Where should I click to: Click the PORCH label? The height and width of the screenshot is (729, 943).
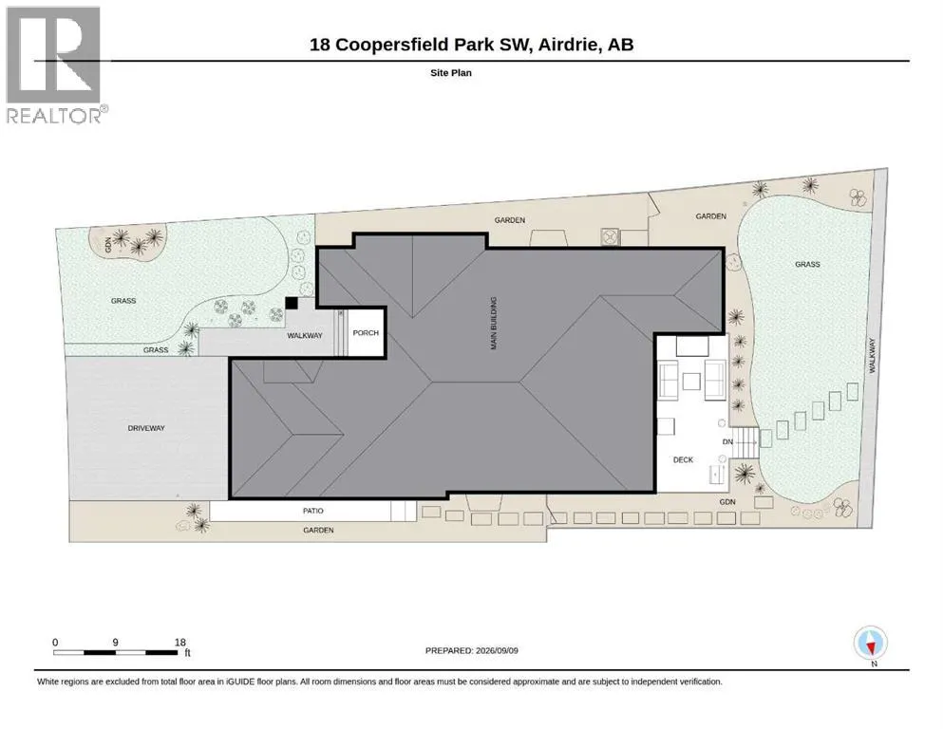point(366,332)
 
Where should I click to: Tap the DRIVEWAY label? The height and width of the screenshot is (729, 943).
point(146,428)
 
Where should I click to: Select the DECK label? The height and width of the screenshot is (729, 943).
point(683,459)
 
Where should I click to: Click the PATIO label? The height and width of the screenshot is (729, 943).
point(312,511)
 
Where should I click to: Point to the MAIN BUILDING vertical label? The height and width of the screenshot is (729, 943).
point(494,323)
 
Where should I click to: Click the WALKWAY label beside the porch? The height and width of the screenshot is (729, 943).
point(304,335)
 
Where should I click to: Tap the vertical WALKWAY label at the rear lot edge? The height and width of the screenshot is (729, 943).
point(872,356)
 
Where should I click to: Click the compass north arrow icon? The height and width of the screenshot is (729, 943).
point(870,643)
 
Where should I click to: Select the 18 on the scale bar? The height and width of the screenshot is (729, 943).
point(179,642)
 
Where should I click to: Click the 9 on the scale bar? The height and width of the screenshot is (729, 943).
point(116,642)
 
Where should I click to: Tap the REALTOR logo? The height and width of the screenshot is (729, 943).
point(55,65)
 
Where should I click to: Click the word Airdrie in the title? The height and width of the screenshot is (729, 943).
point(569,45)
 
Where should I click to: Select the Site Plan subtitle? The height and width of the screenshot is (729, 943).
point(451,73)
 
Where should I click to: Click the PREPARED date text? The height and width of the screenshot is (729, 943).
point(471,650)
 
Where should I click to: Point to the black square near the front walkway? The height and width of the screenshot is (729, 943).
point(292,303)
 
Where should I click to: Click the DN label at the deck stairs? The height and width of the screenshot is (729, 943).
point(727,441)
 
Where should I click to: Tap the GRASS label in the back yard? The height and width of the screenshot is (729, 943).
point(807,264)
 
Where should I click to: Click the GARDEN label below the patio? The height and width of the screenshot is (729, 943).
point(318,530)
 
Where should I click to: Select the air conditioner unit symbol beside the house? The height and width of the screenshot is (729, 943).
point(611,236)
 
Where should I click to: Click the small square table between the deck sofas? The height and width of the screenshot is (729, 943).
point(691,382)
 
